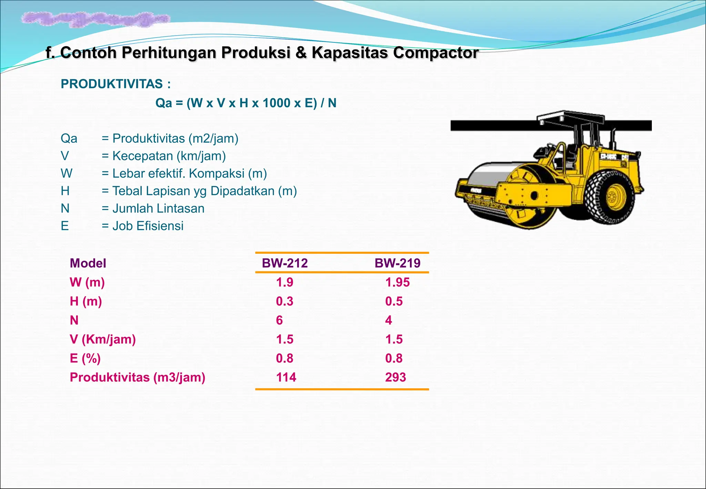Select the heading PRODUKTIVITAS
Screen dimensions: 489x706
click(112, 84)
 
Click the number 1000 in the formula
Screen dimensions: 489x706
click(276, 103)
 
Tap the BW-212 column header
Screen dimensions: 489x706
click(285, 263)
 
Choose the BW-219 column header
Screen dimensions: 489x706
click(397, 263)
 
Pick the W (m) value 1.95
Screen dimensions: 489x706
click(397, 282)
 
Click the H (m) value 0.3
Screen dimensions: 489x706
click(284, 301)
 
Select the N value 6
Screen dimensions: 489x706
click(279, 320)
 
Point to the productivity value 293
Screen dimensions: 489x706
click(395, 377)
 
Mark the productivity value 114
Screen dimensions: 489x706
click(286, 377)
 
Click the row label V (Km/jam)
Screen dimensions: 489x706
click(103, 339)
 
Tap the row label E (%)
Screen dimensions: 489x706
click(85, 358)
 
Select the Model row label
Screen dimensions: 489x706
click(88, 263)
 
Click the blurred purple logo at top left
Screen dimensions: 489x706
click(95, 19)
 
